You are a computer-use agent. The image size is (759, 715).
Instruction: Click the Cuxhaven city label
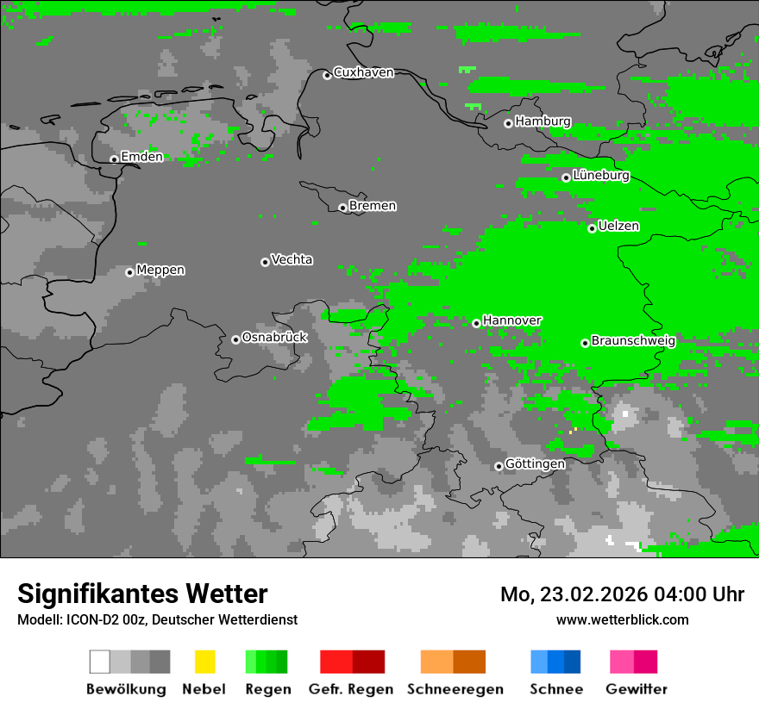click(363, 72)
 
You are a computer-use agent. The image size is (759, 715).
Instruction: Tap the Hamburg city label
click(543, 121)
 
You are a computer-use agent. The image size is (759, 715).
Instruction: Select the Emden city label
click(141, 157)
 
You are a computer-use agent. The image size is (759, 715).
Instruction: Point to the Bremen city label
click(373, 206)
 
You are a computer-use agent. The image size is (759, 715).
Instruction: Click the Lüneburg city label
click(601, 176)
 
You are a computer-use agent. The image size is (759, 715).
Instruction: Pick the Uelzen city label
click(618, 227)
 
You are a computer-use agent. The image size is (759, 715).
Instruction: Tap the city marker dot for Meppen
click(129, 272)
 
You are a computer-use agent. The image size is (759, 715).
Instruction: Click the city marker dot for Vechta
click(265, 262)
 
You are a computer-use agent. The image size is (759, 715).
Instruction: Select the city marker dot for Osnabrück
click(235, 339)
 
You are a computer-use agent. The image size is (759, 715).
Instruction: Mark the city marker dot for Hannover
click(476, 323)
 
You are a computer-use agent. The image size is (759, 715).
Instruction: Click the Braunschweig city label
click(633, 341)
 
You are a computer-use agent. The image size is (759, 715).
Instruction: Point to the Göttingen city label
click(535, 464)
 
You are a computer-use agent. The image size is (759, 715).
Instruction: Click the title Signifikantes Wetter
click(142, 594)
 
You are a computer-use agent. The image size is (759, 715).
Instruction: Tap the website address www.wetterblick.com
click(622, 619)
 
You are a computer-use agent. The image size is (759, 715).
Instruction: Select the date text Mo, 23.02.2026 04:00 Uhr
click(622, 594)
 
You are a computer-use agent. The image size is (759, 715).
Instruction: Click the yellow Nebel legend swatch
click(204, 662)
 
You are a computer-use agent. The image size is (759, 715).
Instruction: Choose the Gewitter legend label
click(636, 689)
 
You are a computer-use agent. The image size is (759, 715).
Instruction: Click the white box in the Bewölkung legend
click(100, 662)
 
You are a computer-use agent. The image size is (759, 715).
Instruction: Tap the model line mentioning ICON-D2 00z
click(157, 619)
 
